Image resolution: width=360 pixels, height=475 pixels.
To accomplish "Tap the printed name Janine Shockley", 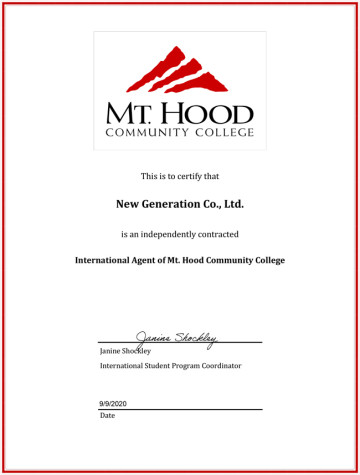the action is tap(125, 352).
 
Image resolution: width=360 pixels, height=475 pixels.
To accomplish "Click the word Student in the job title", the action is tap(156, 366).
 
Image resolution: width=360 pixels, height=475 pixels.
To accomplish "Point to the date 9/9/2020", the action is tap(113, 403).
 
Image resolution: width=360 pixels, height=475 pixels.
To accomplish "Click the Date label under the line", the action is tap(107, 415).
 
